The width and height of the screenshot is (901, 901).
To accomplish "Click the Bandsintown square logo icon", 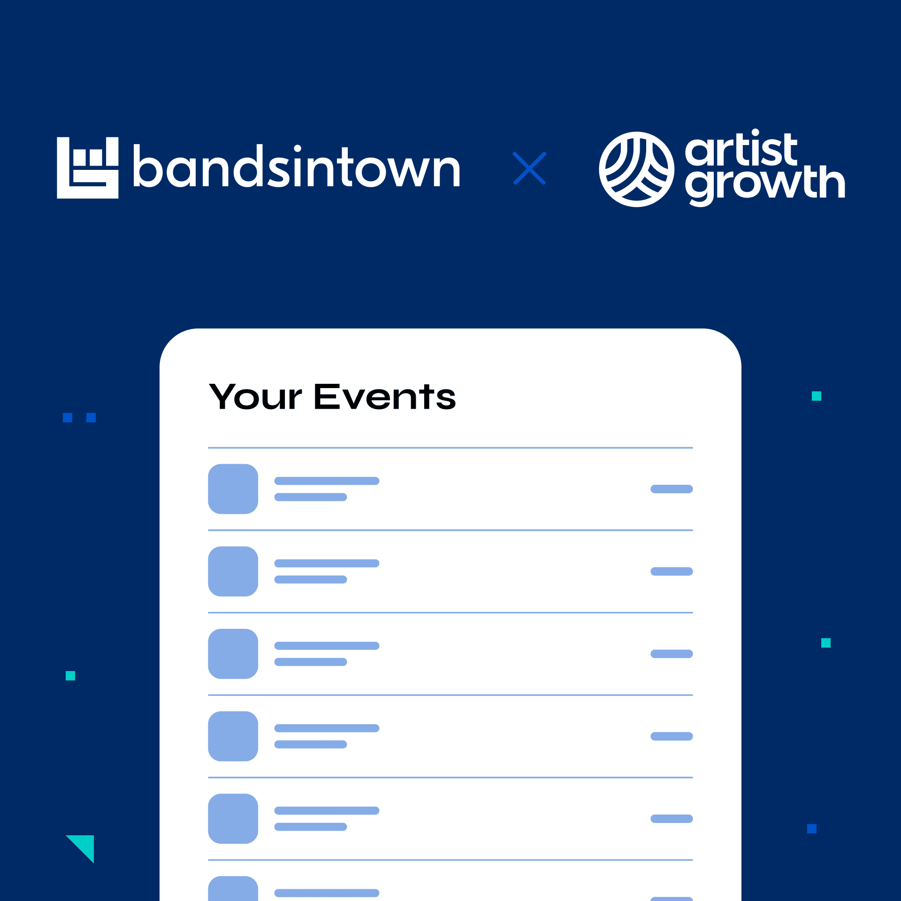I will [88, 168].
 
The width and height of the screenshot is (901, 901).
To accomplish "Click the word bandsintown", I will [297, 167].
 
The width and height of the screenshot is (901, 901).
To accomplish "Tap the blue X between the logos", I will [529, 168].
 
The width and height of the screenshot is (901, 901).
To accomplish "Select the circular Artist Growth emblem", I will [636, 169].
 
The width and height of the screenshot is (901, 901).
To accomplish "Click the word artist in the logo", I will [741, 149].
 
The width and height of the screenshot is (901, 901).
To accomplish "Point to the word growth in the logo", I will [765, 184].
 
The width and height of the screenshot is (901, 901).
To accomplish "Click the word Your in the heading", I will [256, 397].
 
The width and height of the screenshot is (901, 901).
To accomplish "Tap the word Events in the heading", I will [385, 397].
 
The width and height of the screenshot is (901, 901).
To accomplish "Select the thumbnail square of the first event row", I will [233, 489].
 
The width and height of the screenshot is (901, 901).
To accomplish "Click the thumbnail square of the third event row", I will [233, 654].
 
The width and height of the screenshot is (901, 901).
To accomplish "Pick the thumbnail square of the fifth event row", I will [233, 818].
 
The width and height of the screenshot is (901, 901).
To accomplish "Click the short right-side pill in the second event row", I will [672, 572].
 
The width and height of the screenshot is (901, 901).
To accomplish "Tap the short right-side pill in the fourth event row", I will [672, 736].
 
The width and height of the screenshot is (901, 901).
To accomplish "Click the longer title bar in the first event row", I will [327, 481].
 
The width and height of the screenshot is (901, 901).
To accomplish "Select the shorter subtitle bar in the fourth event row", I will [311, 744].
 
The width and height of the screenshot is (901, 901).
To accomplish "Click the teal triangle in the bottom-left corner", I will [85, 845].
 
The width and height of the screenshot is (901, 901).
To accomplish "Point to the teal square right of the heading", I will [817, 396].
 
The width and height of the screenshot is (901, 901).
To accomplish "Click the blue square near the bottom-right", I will [812, 829].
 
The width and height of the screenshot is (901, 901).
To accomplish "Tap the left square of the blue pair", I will [68, 418].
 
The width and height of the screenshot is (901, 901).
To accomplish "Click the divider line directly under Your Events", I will [450, 448].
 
